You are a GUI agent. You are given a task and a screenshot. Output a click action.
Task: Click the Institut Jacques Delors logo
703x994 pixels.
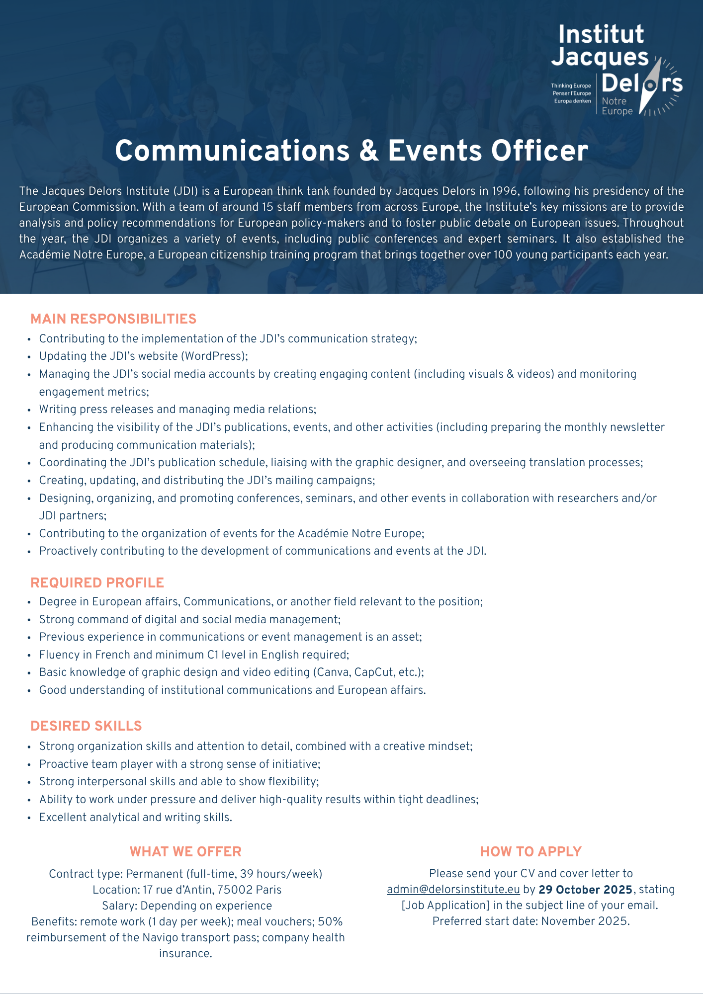point(616,70)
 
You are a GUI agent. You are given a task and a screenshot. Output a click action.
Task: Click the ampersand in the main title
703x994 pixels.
point(368,151)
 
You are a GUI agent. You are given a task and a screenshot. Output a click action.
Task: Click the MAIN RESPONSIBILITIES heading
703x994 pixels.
point(113,319)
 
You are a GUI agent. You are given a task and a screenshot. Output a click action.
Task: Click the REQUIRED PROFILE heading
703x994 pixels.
point(97,582)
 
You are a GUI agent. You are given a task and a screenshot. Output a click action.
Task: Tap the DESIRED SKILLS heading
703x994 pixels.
point(86,726)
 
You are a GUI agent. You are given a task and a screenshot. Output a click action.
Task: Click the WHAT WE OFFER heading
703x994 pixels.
point(185,852)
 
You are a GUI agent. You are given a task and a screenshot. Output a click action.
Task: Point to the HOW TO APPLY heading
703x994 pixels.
point(530,852)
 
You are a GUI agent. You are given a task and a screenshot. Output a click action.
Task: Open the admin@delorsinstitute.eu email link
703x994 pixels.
point(453,890)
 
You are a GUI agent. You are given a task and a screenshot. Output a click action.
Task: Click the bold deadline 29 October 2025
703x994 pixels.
point(585,890)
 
